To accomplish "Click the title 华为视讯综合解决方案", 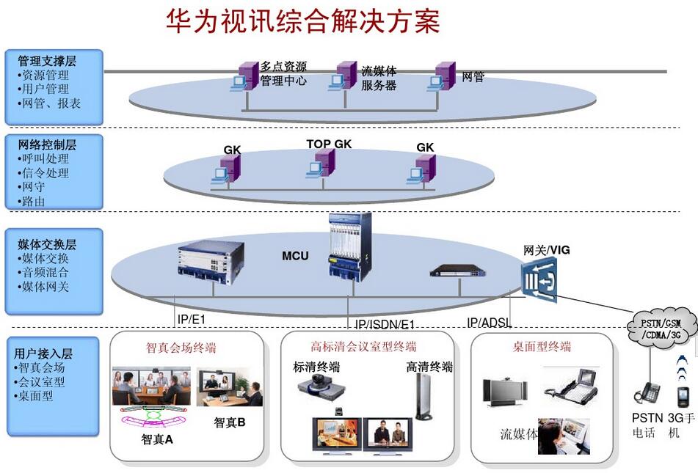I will coord(302,22).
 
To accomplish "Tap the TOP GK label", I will coord(329,144).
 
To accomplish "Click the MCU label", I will coord(295,256).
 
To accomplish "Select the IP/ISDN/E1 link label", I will coord(385,324).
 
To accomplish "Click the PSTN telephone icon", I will coord(647,392).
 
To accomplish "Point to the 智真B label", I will coord(229,422).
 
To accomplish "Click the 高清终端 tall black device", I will coord(423,396).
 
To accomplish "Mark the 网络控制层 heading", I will coord(46,144).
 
